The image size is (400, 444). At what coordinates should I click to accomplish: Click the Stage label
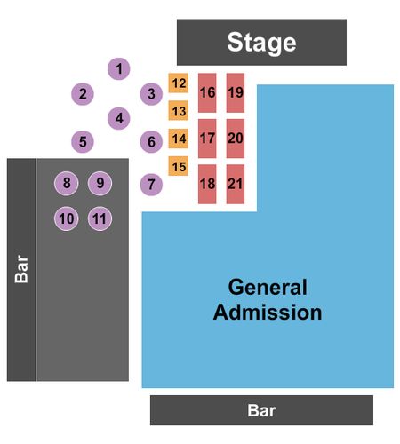pos(261,43)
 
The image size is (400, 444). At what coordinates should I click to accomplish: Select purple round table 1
pos(118,68)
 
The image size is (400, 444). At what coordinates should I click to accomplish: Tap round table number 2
pos(83,94)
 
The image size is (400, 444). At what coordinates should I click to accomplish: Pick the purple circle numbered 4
pos(118,118)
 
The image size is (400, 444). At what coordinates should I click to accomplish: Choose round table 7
pos(151,185)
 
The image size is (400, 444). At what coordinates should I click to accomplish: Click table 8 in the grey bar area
pos(67,183)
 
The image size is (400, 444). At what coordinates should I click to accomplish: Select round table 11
pos(100,218)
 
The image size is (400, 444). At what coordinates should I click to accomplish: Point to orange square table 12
pos(179,83)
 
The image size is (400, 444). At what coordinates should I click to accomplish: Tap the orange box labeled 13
pos(179,111)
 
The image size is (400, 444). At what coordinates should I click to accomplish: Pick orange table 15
pos(179,166)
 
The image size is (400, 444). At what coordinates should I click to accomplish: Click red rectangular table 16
pos(207,92)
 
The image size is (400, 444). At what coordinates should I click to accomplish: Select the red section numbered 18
pos(207,184)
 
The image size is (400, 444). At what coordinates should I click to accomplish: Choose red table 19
pos(236,92)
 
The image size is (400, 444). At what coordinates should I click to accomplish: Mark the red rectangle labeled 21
pos(236,184)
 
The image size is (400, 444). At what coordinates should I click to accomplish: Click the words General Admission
pos(268,300)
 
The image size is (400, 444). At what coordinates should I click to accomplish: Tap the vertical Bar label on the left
pos(21,269)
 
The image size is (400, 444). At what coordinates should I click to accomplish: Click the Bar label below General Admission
pos(261,410)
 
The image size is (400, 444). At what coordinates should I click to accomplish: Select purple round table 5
pos(83,141)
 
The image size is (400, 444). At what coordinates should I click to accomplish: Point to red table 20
pos(236,139)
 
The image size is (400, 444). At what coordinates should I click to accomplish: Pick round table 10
pos(67,218)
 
